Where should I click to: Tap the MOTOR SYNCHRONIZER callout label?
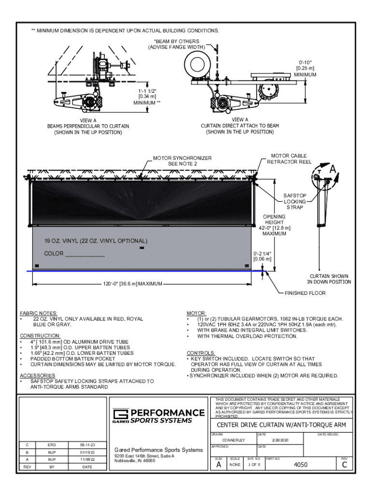(182, 161)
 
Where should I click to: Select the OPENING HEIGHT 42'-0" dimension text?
(274, 225)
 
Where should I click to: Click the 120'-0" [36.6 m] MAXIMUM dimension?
(133, 284)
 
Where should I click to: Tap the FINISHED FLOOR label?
(305, 293)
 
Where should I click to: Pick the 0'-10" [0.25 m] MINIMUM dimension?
(305, 68)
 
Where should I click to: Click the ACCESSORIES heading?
(38, 375)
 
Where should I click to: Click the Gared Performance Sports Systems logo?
(158, 416)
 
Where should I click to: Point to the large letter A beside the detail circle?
(333, 171)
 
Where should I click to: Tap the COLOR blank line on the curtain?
(74, 254)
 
